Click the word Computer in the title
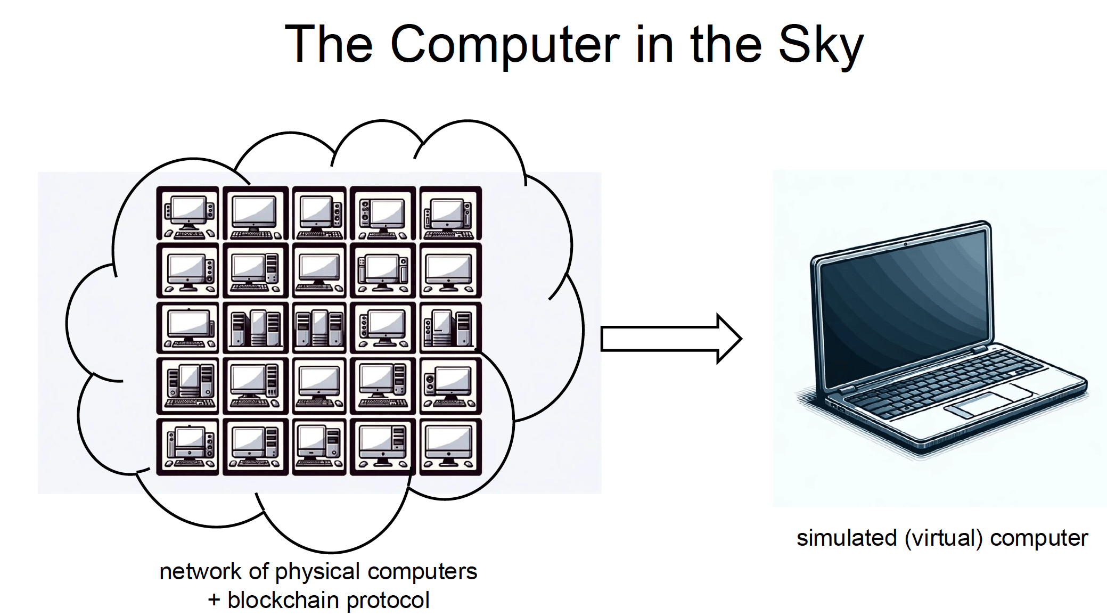pos(505,45)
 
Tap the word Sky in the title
pos(821,45)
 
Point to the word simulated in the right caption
pos(846,538)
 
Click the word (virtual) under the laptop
pos(943,538)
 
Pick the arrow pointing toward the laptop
pos(671,339)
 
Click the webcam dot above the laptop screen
pos(905,244)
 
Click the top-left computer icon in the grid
pos(187,213)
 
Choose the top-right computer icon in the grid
pos(450,213)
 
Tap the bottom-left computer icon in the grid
pos(187,446)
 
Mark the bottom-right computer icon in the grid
pos(450,446)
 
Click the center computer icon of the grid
pos(319,327)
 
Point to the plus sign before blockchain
pos(214,601)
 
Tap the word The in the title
pos(329,45)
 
